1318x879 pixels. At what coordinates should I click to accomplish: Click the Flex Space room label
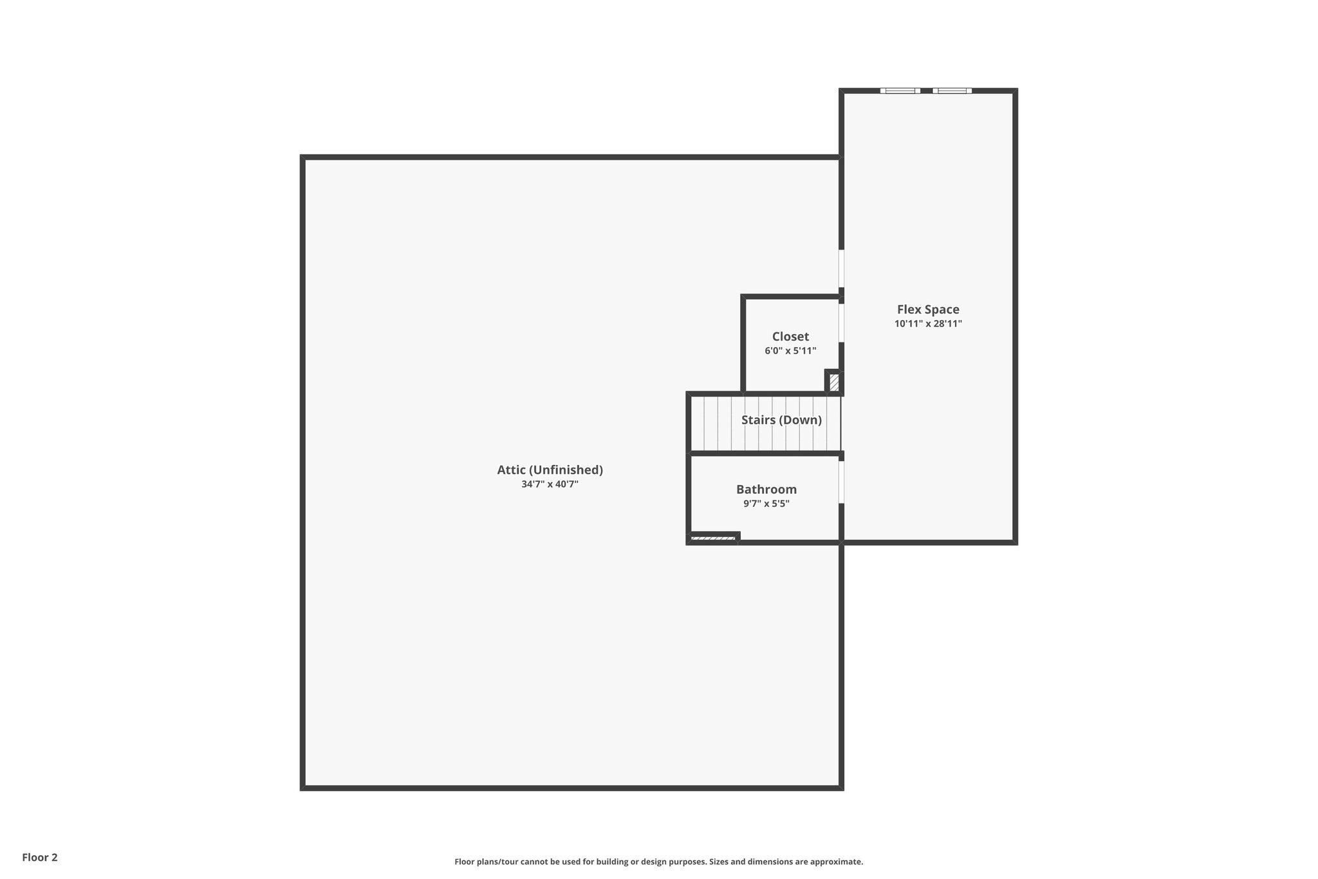928,310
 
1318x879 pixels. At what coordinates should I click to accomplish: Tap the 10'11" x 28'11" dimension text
928,324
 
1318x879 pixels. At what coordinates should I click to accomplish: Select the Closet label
790,337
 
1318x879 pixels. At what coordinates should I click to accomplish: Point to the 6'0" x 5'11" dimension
790,351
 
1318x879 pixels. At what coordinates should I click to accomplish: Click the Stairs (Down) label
781,420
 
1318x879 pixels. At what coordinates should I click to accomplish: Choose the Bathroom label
766,489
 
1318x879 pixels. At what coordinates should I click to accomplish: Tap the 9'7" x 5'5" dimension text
766,504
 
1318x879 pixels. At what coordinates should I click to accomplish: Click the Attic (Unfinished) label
550,470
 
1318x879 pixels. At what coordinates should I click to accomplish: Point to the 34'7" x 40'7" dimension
550,484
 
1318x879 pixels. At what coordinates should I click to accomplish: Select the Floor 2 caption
40,857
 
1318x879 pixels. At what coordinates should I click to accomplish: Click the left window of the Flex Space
900,91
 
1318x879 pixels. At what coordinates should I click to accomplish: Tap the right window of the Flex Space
952,91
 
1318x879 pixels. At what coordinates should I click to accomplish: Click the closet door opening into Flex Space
841,323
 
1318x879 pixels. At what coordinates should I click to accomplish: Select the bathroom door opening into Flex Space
841,482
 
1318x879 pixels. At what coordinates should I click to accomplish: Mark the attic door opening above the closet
841,268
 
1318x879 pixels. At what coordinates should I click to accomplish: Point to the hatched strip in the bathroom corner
713,538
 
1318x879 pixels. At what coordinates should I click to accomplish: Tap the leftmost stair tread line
704,423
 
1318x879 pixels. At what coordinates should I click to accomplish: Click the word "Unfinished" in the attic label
566,470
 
